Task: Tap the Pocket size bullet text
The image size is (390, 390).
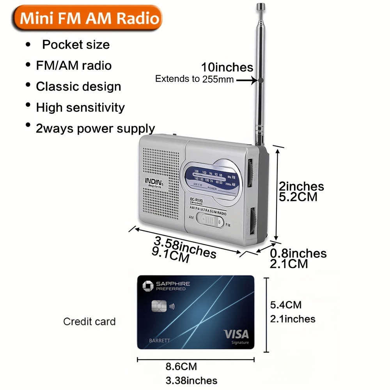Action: pos(76,45)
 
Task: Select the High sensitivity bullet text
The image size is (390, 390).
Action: pos(80,107)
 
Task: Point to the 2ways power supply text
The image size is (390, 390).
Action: pos(95,128)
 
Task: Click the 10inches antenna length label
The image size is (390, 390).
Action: pos(227,67)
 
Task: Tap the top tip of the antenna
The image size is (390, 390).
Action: pos(261,5)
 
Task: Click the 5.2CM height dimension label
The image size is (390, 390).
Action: pos(298,197)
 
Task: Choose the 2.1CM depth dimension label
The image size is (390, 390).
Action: pos(289,264)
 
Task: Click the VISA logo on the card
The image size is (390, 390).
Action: pos(236,334)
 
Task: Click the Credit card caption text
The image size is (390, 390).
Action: pos(89,322)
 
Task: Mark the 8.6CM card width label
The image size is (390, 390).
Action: pos(182,367)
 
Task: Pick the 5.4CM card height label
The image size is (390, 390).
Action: pos(286,305)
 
